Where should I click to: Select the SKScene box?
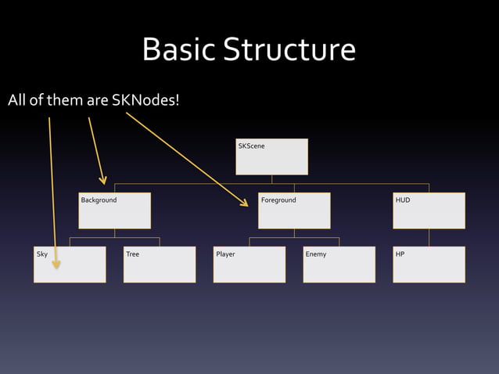click(x=271, y=156)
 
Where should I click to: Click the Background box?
click(x=114, y=210)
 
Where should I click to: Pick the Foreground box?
click(x=294, y=210)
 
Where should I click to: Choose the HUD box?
click(x=429, y=210)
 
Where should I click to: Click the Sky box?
click(x=70, y=264)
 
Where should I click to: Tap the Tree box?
click(x=160, y=264)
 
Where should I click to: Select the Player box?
click(x=249, y=264)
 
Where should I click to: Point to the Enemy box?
click(x=339, y=264)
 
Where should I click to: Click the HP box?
click(x=429, y=264)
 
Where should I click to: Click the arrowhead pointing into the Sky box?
click(x=56, y=264)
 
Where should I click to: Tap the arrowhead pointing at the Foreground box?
click(x=242, y=203)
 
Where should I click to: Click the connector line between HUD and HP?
click(x=429, y=237)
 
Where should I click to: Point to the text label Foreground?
click(x=278, y=200)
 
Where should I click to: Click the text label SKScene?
click(x=251, y=146)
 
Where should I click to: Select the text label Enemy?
click(x=316, y=254)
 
